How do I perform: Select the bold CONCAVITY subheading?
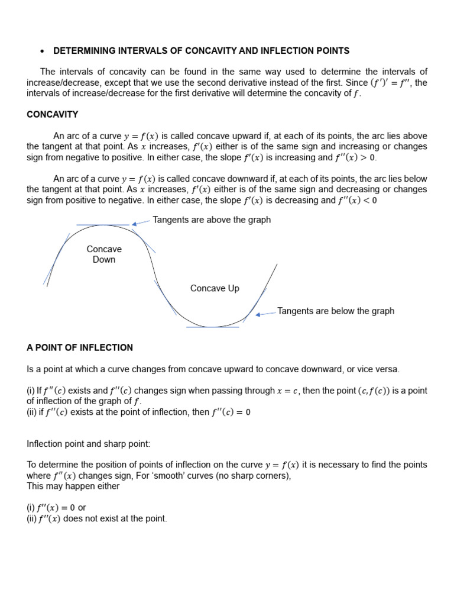tap(53, 114)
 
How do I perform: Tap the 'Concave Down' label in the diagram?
tap(104, 254)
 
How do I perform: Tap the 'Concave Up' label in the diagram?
tap(215, 288)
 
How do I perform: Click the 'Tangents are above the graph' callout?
tap(212, 220)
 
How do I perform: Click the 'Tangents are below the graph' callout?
tap(335, 311)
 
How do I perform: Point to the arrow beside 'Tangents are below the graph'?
tap(265, 314)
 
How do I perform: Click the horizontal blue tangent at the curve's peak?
tap(103, 225)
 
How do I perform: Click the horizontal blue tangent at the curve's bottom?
tap(213, 327)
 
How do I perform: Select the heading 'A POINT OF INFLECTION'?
tap(80, 347)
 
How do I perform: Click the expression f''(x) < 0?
tap(357, 200)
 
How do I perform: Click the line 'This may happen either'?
tap(73, 486)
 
